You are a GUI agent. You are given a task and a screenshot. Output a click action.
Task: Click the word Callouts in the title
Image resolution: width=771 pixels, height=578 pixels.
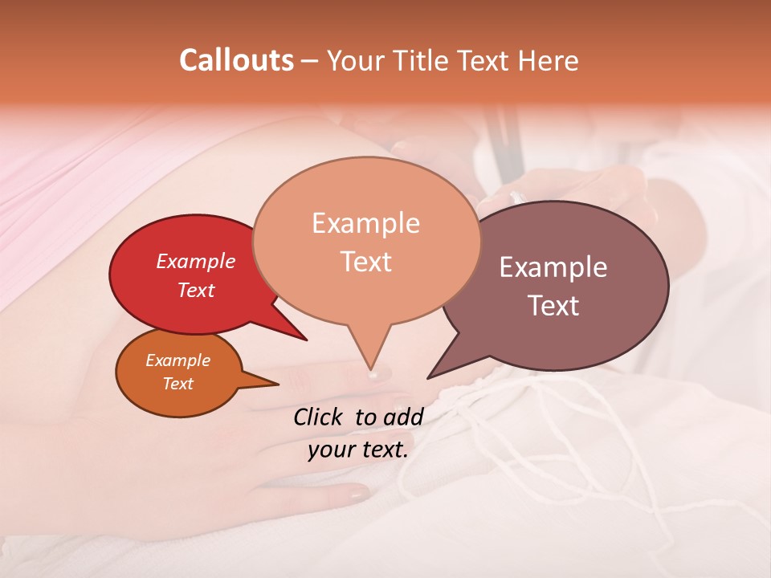click(236, 60)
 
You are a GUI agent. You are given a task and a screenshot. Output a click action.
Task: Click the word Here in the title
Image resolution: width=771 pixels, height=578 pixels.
click(549, 61)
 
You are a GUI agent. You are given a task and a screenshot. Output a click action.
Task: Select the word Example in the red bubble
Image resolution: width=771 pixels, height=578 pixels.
click(196, 261)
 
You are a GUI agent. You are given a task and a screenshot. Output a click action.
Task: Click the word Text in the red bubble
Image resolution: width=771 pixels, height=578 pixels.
click(196, 290)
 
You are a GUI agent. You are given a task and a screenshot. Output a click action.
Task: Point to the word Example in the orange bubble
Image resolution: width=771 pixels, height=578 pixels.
click(177, 360)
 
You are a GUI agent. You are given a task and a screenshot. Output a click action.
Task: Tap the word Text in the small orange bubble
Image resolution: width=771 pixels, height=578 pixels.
click(177, 384)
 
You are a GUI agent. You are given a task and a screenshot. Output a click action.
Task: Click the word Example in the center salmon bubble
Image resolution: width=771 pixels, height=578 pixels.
click(365, 223)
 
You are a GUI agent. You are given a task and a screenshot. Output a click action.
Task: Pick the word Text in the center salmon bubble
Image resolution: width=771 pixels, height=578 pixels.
click(365, 261)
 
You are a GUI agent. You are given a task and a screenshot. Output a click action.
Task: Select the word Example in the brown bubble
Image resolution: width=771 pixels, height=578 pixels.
click(553, 267)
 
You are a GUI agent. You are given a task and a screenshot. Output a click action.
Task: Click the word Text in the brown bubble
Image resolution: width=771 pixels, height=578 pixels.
click(553, 305)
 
